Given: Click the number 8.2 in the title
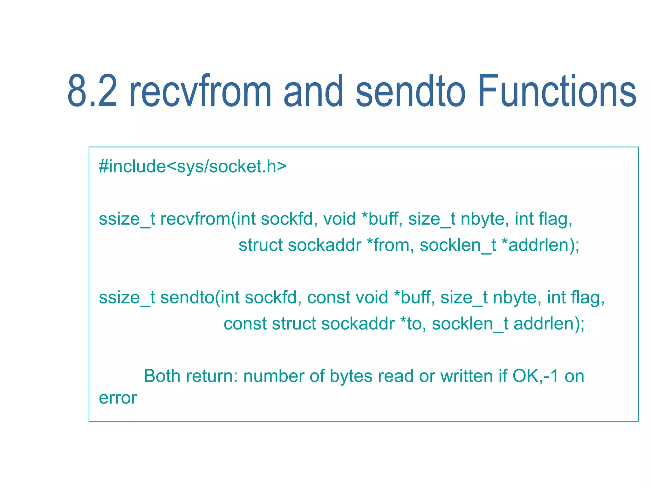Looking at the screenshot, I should point(92,91).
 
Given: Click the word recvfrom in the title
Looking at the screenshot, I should point(200,91).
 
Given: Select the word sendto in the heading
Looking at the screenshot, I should point(410,91).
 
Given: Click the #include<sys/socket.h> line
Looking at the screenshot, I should point(193,166).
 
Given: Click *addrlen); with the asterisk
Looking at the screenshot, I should point(540,245).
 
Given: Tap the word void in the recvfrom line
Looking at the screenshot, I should point(339,219).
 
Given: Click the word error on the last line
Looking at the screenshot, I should point(118,398).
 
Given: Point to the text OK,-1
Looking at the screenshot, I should point(535,376).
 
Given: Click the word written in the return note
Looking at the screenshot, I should point(466,376).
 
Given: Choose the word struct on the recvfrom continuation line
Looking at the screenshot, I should point(261,245).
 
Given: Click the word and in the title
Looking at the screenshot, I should point(313,91).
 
